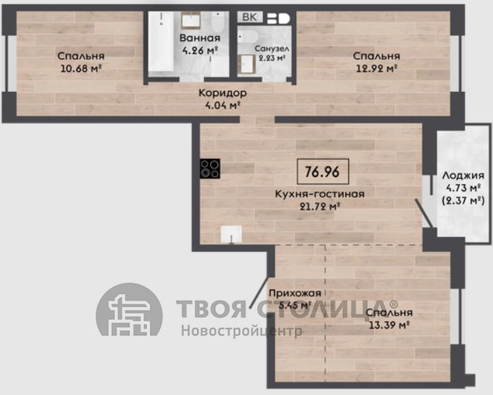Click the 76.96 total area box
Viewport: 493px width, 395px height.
pyautogui.click(x=323, y=171)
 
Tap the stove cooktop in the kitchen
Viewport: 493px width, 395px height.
pyautogui.click(x=210, y=169)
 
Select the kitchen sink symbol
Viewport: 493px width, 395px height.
pyautogui.click(x=231, y=234)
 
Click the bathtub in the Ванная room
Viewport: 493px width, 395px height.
pyautogui.click(x=161, y=41)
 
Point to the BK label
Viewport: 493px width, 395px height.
pyautogui.click(x=250, y=17)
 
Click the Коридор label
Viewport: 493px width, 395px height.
pyautogui.click(x=223, y=93)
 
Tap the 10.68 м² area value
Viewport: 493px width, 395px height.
pyautogui.click(x=81, y=68)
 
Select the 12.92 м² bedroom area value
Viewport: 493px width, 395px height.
pyautogui.click(x=376, y=68)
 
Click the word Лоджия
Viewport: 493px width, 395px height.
pyautogui.click(x=463, y=175)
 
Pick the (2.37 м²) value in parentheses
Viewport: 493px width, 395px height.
pyautogui.click(x=463, y=200)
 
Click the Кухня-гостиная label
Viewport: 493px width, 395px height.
pyautogui.click(x=320, y=193)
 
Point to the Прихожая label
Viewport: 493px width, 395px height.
pyautogui.click(x=295, y=293)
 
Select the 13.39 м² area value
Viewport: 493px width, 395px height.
pyautogui.click(x=389, y=325)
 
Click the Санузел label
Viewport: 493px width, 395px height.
pyautogui.click(x=271, y=48)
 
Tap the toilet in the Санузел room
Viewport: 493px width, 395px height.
pyautogui.click(x=248, y=36)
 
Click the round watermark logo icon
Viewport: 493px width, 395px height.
pyautogui.click(x=129, y=310)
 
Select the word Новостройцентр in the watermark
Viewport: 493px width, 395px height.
pyautogui.click(x=241, y=330)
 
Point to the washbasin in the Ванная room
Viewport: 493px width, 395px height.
pyautogui.click(x=191, y=20)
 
